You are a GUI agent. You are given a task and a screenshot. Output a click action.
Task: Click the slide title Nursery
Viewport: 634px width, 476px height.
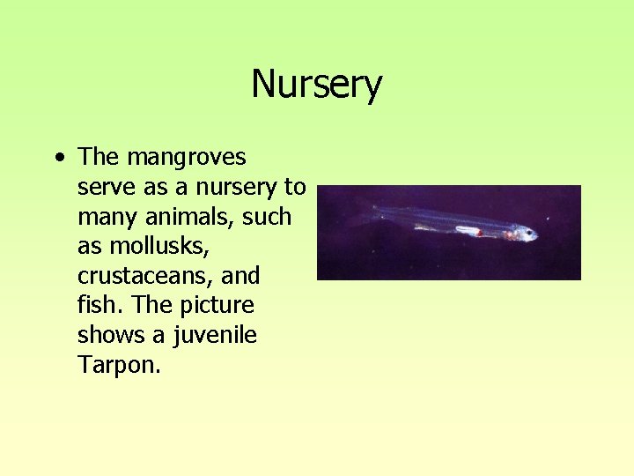[x=316, y=85]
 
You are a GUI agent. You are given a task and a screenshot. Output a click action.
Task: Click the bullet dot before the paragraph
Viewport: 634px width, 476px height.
[x=58, y=159]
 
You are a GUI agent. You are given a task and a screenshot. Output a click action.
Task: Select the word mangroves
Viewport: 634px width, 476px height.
[x=187, y=159]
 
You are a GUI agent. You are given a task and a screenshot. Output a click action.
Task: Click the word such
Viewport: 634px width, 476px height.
[x=267, y=217]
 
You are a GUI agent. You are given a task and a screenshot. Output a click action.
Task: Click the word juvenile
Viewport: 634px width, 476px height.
[x=210, y=336]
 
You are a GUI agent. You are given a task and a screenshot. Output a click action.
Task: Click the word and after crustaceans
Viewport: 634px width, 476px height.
[x=240, y=276]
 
